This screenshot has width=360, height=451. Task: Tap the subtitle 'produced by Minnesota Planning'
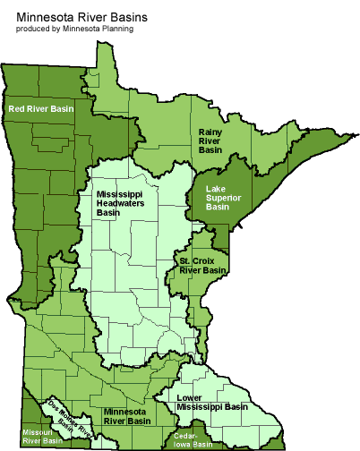[x=74, y=29]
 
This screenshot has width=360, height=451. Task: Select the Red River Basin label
[x=40, y=108]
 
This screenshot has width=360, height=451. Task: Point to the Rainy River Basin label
[x=212, y=140]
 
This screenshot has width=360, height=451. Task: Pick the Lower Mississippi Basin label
[x=212, y=401]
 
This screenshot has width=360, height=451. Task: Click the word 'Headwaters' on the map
[x=123, y=203]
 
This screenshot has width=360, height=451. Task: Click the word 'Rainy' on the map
[x=211, y=131]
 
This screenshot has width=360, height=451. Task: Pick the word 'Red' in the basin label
[x=16, y=108]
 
